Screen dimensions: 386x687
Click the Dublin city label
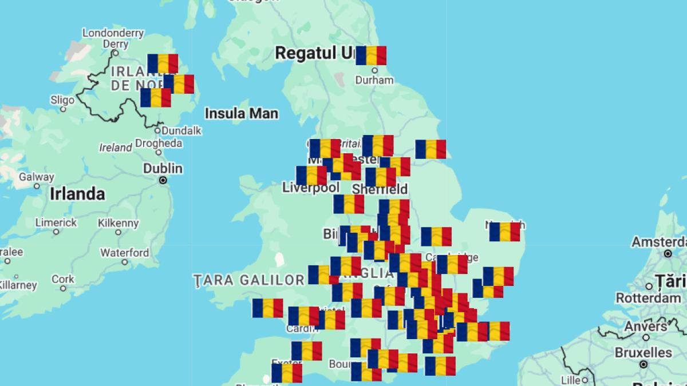[x=163, y=168]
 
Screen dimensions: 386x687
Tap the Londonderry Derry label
[x=113, y=38]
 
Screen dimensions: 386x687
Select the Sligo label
[x=62, y=100]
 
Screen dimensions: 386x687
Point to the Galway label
[x=37, y=177]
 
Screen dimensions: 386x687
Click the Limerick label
[x=56, y=222]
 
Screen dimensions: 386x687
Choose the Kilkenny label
[x=118, y=223]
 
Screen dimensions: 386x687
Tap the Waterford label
[x=125, y=252]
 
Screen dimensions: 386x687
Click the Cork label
[x=63, y=279]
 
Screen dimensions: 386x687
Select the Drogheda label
[x=159, y=144]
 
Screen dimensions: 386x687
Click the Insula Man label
[x=242, y=113]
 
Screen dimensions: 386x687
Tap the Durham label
[x=374, y=80]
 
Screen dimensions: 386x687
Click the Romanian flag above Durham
[x=371, y=55]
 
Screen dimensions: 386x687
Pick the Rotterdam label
[x=648, y=298]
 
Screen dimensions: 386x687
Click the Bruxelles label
[x=643, y=352]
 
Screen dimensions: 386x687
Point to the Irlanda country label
[x=77, y=194]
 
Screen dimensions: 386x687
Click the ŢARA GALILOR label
[x=248, y=280]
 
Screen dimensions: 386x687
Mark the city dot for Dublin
[x=163, y=180]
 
